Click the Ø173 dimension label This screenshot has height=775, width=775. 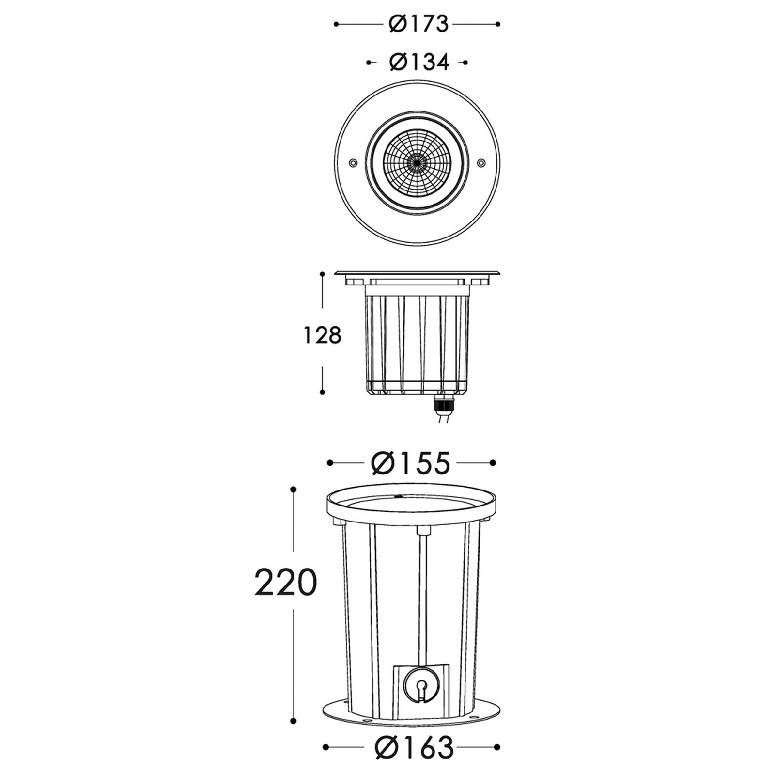tap(419, 24)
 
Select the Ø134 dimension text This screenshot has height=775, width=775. tap(419, 62)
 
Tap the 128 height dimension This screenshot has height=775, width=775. tap(323, 335)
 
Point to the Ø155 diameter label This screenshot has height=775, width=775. tap(411, 463)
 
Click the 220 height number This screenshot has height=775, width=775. tap(285, 582)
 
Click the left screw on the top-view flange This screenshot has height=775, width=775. tap(353, 163)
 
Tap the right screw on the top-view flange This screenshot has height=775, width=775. tap(481, 163)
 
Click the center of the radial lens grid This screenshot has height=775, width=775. tap(417, 163)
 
